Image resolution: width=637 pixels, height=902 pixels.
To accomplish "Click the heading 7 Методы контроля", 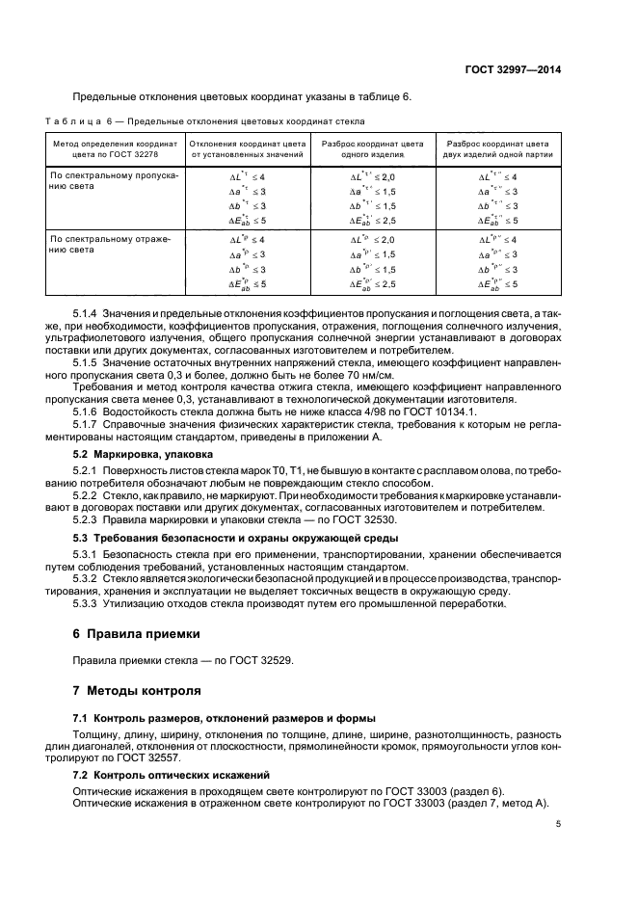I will pos(137,690).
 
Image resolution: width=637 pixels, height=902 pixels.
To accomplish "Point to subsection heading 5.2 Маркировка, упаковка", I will pos(145,453).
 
